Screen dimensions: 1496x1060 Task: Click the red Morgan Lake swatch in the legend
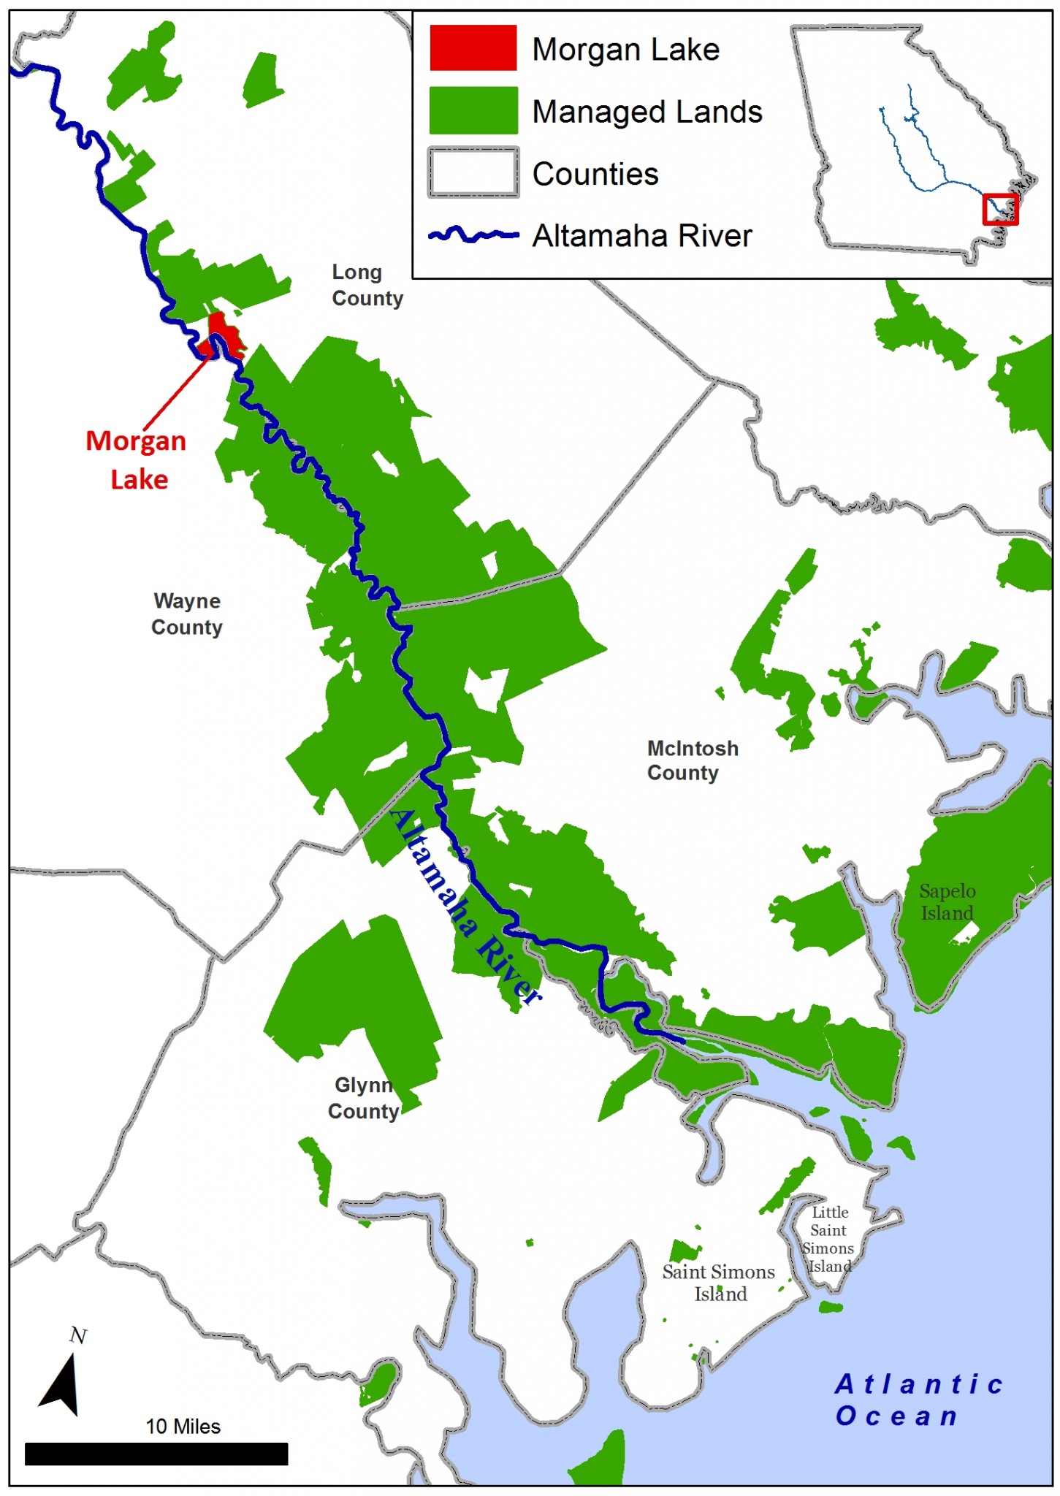click(x=473, y=48)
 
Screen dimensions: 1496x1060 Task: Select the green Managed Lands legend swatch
click(x=473, y=111)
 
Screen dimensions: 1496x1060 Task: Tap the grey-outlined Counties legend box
click(x=473, y=172)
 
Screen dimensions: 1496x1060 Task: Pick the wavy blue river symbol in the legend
click(x=473, y=235)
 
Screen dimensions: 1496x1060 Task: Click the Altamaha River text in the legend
click(x=641, y=236)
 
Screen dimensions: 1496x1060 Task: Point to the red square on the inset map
click(x=999, y=210)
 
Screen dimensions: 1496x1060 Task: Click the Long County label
click(x=367, y=286)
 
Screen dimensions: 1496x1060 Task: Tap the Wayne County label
click(x=186, y=614)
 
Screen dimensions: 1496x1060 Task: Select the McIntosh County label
click(x=691, y=760)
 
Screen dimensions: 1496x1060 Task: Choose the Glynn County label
click(x=363, y=1098)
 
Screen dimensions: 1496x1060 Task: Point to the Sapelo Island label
click(x=947, y=902)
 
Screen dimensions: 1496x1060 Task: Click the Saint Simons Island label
click(x=718, y=1283)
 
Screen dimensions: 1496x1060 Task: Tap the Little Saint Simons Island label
click(x=828, y=1239)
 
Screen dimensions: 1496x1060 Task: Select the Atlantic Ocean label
click(x=918, y=1400)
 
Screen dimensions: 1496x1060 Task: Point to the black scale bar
click(x=156, y=1454)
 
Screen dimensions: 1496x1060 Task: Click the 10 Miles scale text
click(x=183, y=1427)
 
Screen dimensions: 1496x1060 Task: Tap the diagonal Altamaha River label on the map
click(x=465, y=906)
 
